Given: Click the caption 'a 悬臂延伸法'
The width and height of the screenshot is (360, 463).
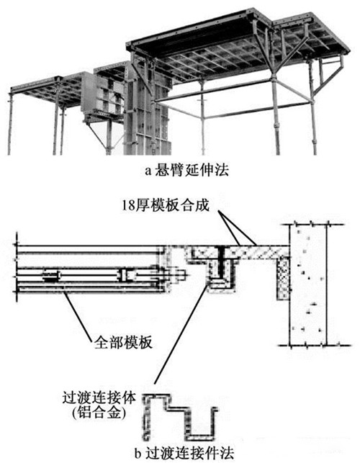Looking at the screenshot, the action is coord(186,171).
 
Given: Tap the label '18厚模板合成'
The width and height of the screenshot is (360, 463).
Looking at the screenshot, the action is coord(166,205).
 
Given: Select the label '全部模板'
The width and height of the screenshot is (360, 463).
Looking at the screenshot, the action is coord(123,343).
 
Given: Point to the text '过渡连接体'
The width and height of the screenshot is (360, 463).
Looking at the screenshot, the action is coord(99,397).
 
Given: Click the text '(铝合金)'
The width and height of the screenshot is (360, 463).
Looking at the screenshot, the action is coord(99,413).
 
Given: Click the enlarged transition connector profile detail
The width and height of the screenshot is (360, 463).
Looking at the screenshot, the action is coord(179,417).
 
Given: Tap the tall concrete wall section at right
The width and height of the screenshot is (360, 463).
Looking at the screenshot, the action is coord(307,284).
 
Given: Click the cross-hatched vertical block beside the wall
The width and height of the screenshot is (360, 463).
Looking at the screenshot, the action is coord(283,278).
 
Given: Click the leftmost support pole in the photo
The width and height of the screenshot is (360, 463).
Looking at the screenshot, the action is coord(10,123).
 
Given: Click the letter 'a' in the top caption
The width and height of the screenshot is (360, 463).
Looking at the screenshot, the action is coord(148,171).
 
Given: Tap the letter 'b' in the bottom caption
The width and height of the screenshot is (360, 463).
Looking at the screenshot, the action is coord(138,453).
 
